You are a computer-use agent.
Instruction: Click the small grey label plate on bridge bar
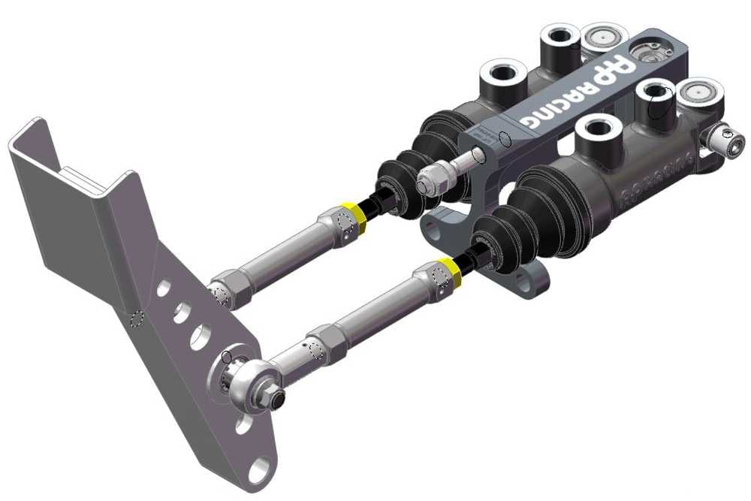(x=487, y=138)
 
